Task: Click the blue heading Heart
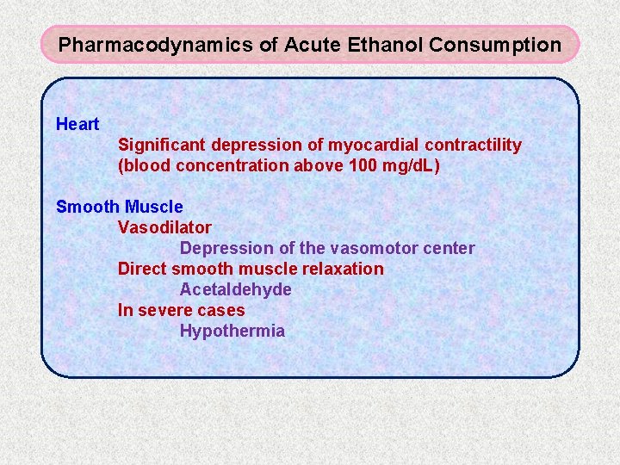pyautogui.click(x=77, y=124)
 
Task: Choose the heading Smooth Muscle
pyautogui.click(x=119, y=207)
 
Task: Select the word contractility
pyautogui.click(x=470, y=145)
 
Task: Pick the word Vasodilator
pyautogui.click(x=164, y=227)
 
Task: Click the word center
pyautogui.click(x=448, y=248)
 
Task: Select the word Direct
pyautogui.click(x=142, y=269)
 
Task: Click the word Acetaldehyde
pyautogui.click(x=235, y=289)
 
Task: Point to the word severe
pyautogui.click(x=165, y=310)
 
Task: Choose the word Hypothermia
pyautogui.click(x=232, y=331)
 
